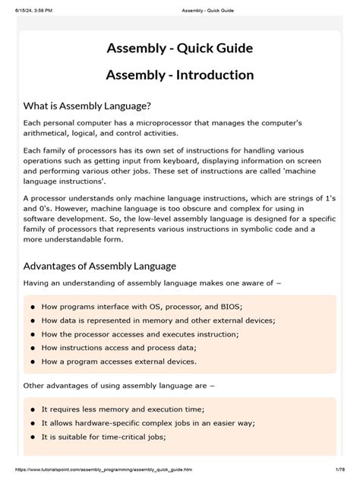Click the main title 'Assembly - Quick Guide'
[x=179, y=49]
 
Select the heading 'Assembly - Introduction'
[x=179, y=75]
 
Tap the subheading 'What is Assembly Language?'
[x=87, y=106]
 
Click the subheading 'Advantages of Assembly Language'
[x=99, y=266]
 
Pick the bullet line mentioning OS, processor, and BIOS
[x=142, y=307]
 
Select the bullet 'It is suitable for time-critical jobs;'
[x=103, y=437]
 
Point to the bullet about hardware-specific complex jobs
[x=148, y=423]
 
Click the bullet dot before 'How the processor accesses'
[x=33, y=334]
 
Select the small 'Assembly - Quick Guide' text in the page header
[x=179, y=7]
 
